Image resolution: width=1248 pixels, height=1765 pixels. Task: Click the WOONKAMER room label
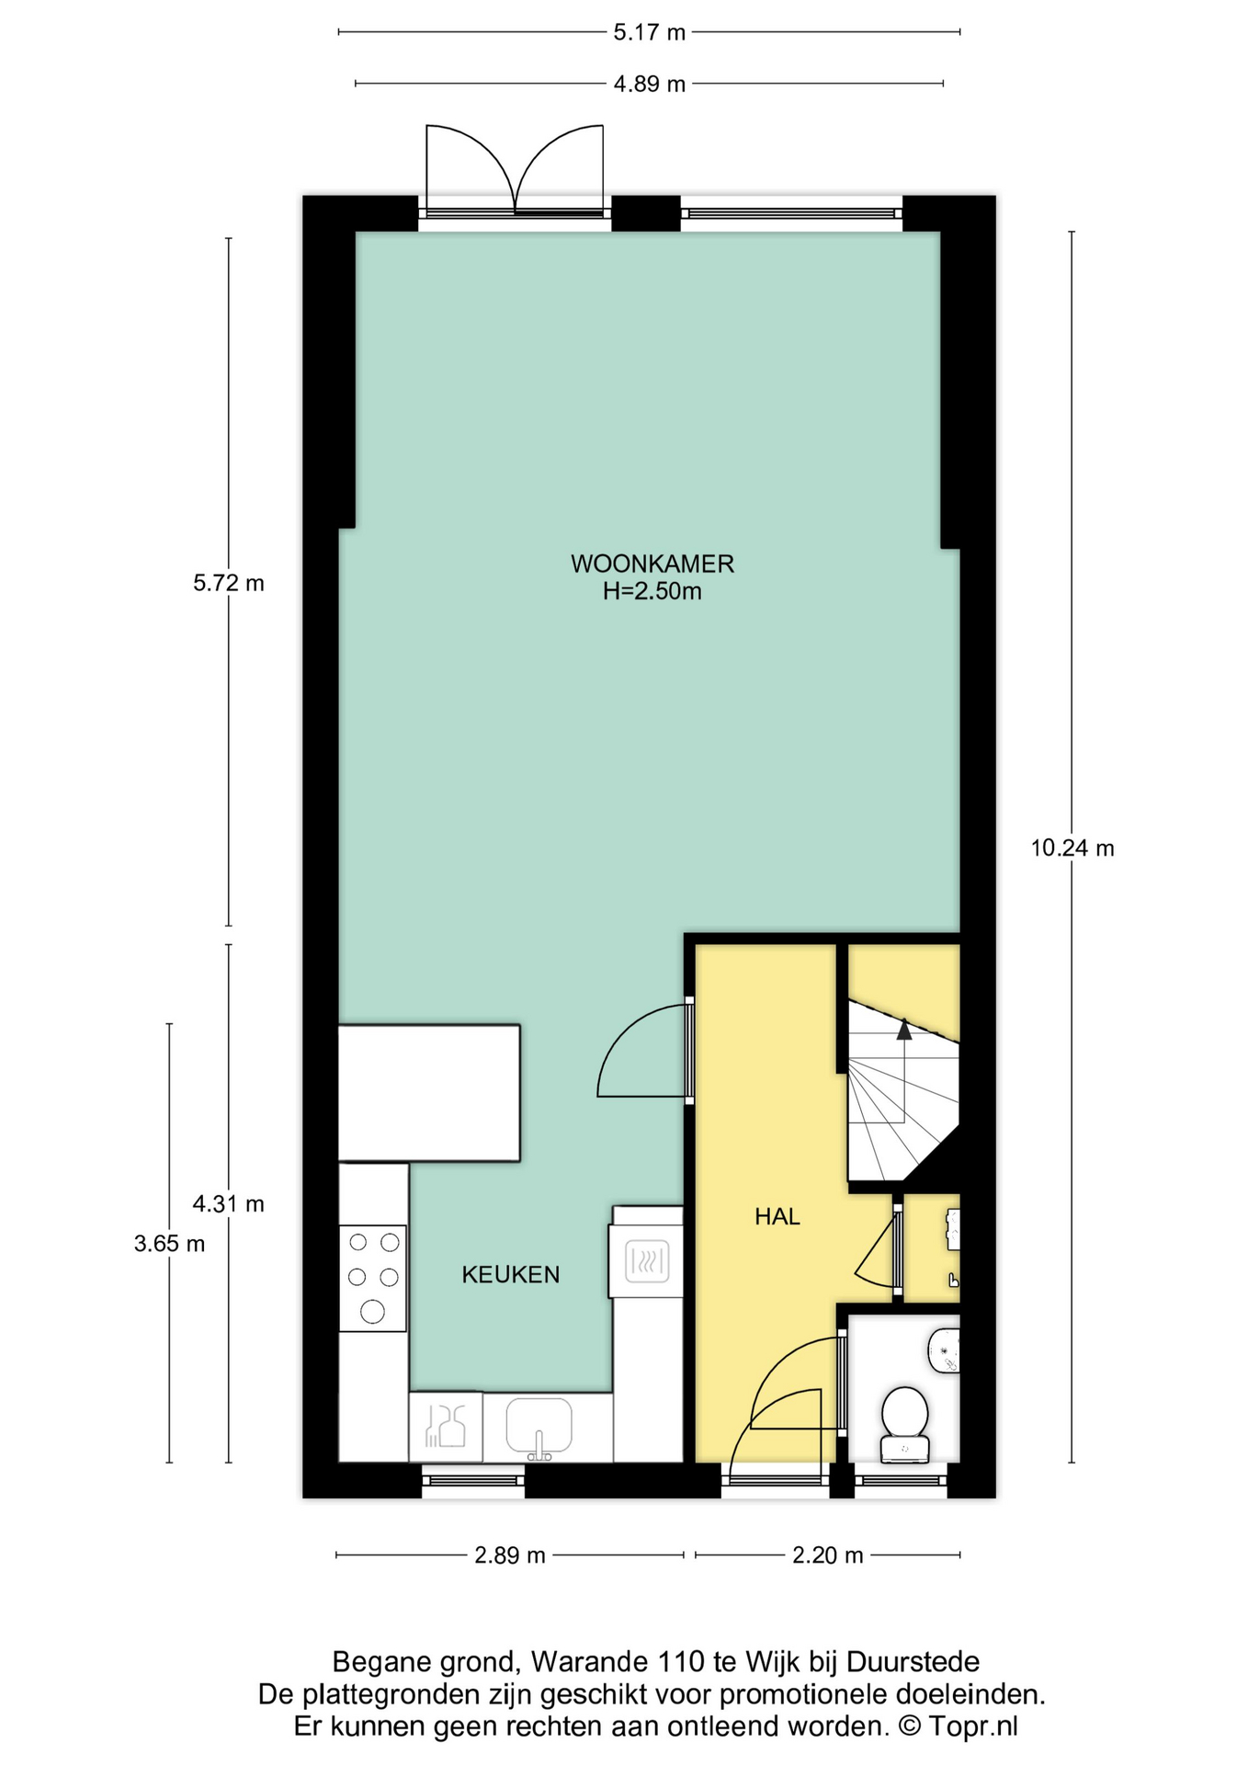(x=652, y=563)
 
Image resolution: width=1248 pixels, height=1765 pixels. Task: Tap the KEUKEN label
(x=510, y=1274)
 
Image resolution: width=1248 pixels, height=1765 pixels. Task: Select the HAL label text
(x=777, y=1216)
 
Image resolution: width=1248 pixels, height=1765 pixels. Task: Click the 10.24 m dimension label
(x=1072, y=848)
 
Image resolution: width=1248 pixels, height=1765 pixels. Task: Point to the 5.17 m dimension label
(x=650, y=32)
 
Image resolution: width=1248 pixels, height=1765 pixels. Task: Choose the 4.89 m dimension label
(x=650, y=84)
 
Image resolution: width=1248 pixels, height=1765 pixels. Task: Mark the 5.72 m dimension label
(x=229, y=583)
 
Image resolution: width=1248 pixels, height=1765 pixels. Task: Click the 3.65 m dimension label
(x=169, y=1244)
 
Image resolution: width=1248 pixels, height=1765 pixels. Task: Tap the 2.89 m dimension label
(x=510, y=1554)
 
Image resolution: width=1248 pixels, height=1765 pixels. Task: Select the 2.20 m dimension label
(x=828, y=1554)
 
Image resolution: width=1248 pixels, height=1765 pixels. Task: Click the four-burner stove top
(x=372, y=1278)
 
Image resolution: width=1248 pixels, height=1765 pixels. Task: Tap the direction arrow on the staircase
(x=904, y=1030)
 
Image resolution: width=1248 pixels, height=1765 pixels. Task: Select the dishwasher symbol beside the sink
(x=446, y=1427)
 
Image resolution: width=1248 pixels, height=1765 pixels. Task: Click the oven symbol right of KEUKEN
(x=647, y=1261)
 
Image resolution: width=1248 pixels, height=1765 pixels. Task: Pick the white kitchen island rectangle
(x=429, y=1093)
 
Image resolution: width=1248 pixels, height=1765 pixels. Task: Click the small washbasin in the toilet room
(x=945, y=1350)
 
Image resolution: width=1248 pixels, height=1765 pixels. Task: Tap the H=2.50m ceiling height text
(x=652, y=591)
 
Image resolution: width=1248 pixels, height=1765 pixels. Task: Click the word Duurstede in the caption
(x=913, y=1661)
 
